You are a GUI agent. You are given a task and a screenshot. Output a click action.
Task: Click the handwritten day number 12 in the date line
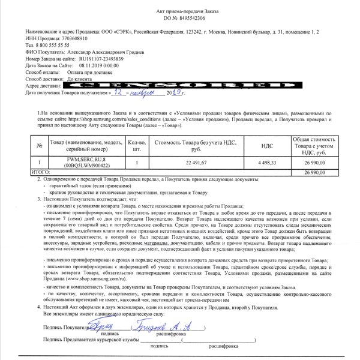(119, 94)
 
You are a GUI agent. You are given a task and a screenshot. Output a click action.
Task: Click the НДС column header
(267, 145)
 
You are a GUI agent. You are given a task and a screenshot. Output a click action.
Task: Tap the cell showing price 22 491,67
(196, 162)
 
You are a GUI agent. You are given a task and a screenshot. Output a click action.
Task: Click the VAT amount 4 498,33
(267, 162)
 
